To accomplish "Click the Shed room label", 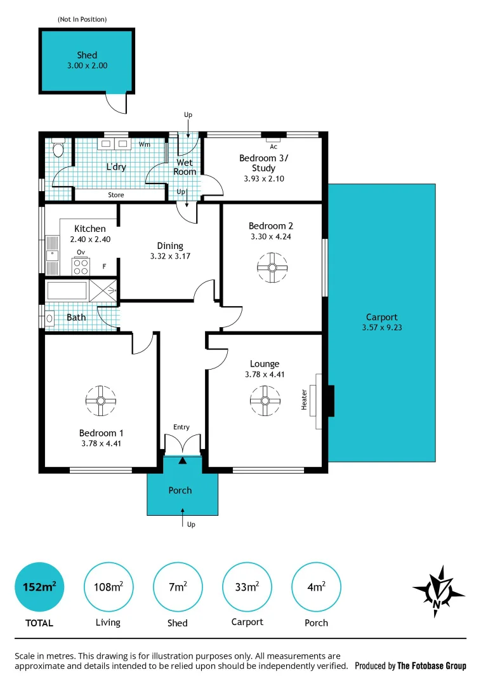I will (x=87, y=55).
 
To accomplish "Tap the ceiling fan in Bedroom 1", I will (x=100, y=400).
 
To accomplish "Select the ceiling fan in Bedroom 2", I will (x=272, y=267).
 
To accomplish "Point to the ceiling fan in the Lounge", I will (x=265, y=400).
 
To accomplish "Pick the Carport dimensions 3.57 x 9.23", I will (x=381, y=328).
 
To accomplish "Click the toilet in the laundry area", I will (x=58, y=149).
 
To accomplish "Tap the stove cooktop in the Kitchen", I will (x=81, y=267).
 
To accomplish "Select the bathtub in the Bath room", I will (x=66, y=291).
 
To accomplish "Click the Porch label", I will (x=180, y=490).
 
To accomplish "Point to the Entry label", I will (x=181, y=427).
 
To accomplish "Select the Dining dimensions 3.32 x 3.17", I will (x=170, y=256).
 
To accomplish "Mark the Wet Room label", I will (x=185, y=167).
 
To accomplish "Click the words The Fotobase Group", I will (x=432, y=666).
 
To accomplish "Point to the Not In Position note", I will (x=82, y=20).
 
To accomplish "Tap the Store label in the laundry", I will (x=115, y=195).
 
